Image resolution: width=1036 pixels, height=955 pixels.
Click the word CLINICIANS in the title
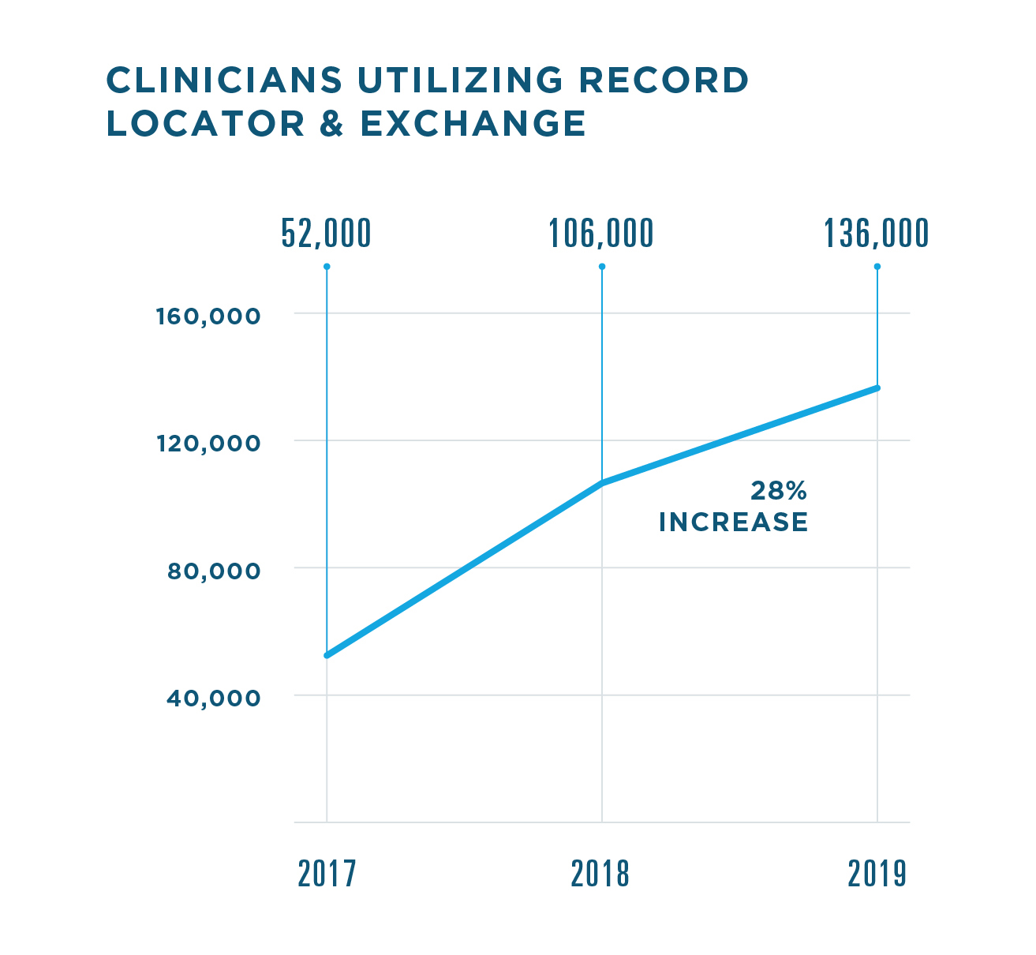click(224, 80)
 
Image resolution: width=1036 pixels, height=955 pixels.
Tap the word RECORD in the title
click(664, 80)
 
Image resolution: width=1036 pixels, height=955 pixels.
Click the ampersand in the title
click(332, 124)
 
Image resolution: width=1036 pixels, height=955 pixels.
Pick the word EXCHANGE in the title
click(473, 124)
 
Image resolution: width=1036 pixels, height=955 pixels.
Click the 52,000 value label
click(326, 234)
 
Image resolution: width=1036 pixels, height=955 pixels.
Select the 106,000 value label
click(601, 234)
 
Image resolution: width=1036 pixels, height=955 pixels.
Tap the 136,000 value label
click(876, 234)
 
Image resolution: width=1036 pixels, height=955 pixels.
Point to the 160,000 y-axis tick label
click(208, 316)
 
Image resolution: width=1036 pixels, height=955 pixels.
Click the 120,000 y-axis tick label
click(208, 444)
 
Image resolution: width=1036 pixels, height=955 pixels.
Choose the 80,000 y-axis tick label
click(213, 571)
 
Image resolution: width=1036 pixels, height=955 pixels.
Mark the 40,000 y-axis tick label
click(213, 698)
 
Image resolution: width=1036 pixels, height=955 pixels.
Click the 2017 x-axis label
click(327, 874)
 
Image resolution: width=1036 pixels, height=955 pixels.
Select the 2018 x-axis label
click(600, 874)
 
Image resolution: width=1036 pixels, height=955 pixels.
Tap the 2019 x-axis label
click(877, 874)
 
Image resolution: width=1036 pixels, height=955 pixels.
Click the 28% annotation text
click(778, 492)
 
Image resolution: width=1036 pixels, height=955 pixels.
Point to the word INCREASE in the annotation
click(733, 522)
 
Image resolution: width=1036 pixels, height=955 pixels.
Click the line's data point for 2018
click(602, 483)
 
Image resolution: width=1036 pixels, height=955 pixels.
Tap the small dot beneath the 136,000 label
click(877, 267)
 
